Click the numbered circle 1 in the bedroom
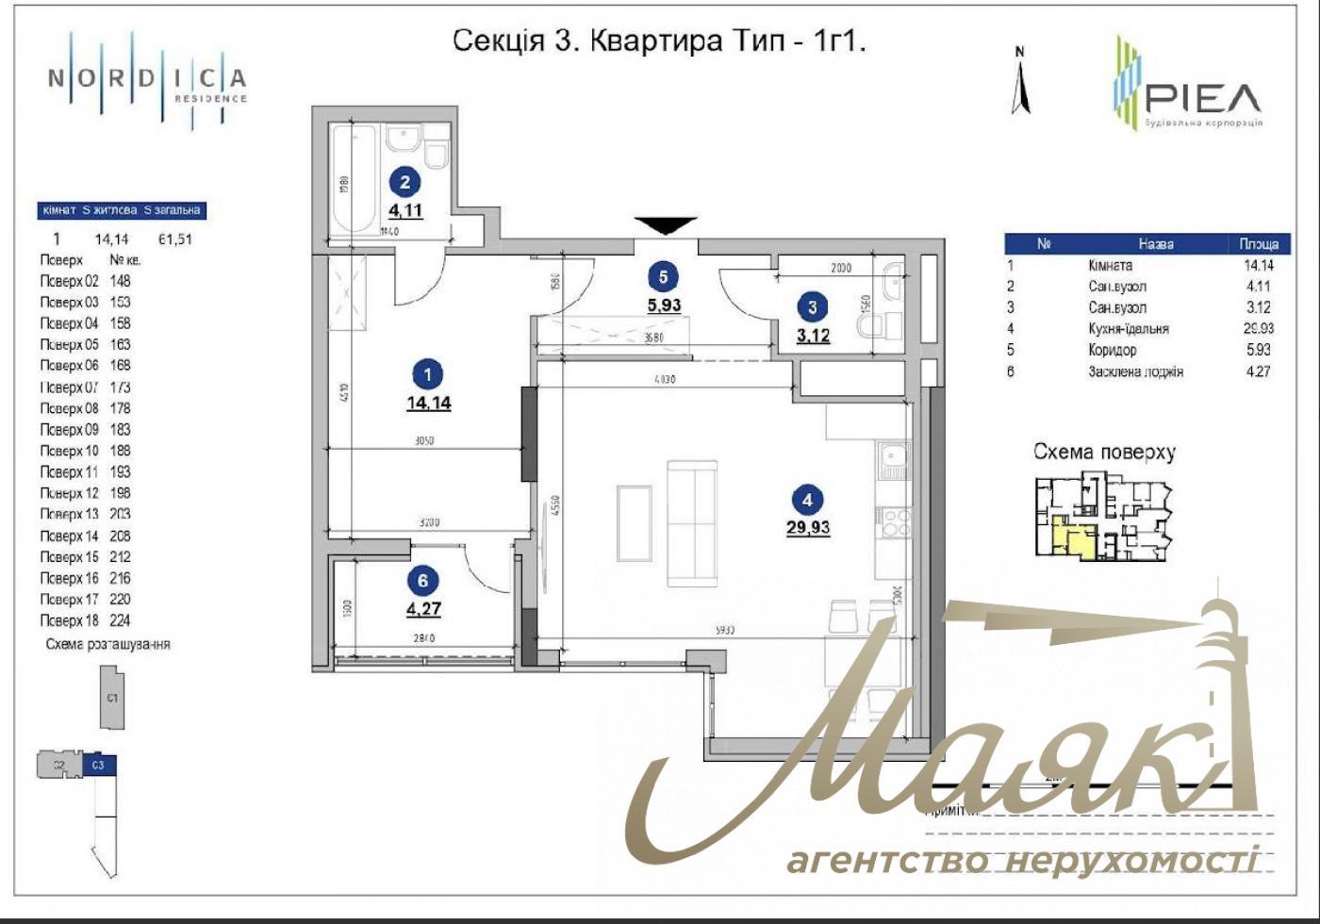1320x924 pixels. pos(428,374)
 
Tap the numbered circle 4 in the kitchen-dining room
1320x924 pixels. pos(807,500)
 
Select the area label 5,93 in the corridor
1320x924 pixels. pos(664,305)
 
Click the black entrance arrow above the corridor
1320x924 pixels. pos(666,225)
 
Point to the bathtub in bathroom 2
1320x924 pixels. pos(353,179)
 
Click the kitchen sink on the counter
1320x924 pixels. pos(892,460)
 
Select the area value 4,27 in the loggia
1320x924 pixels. pos(423,609)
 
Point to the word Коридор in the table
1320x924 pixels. pos(1112,350)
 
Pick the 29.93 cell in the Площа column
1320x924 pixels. pos(1258,328)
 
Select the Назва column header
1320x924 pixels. pos(1155,244)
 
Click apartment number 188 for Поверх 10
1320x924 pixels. pos(120,451)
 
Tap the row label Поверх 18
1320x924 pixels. pos(69,620)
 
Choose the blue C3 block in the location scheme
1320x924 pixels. pos(99,766)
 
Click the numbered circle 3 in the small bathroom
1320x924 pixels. pos(813,306)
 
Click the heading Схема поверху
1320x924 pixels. pos(1104,452)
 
